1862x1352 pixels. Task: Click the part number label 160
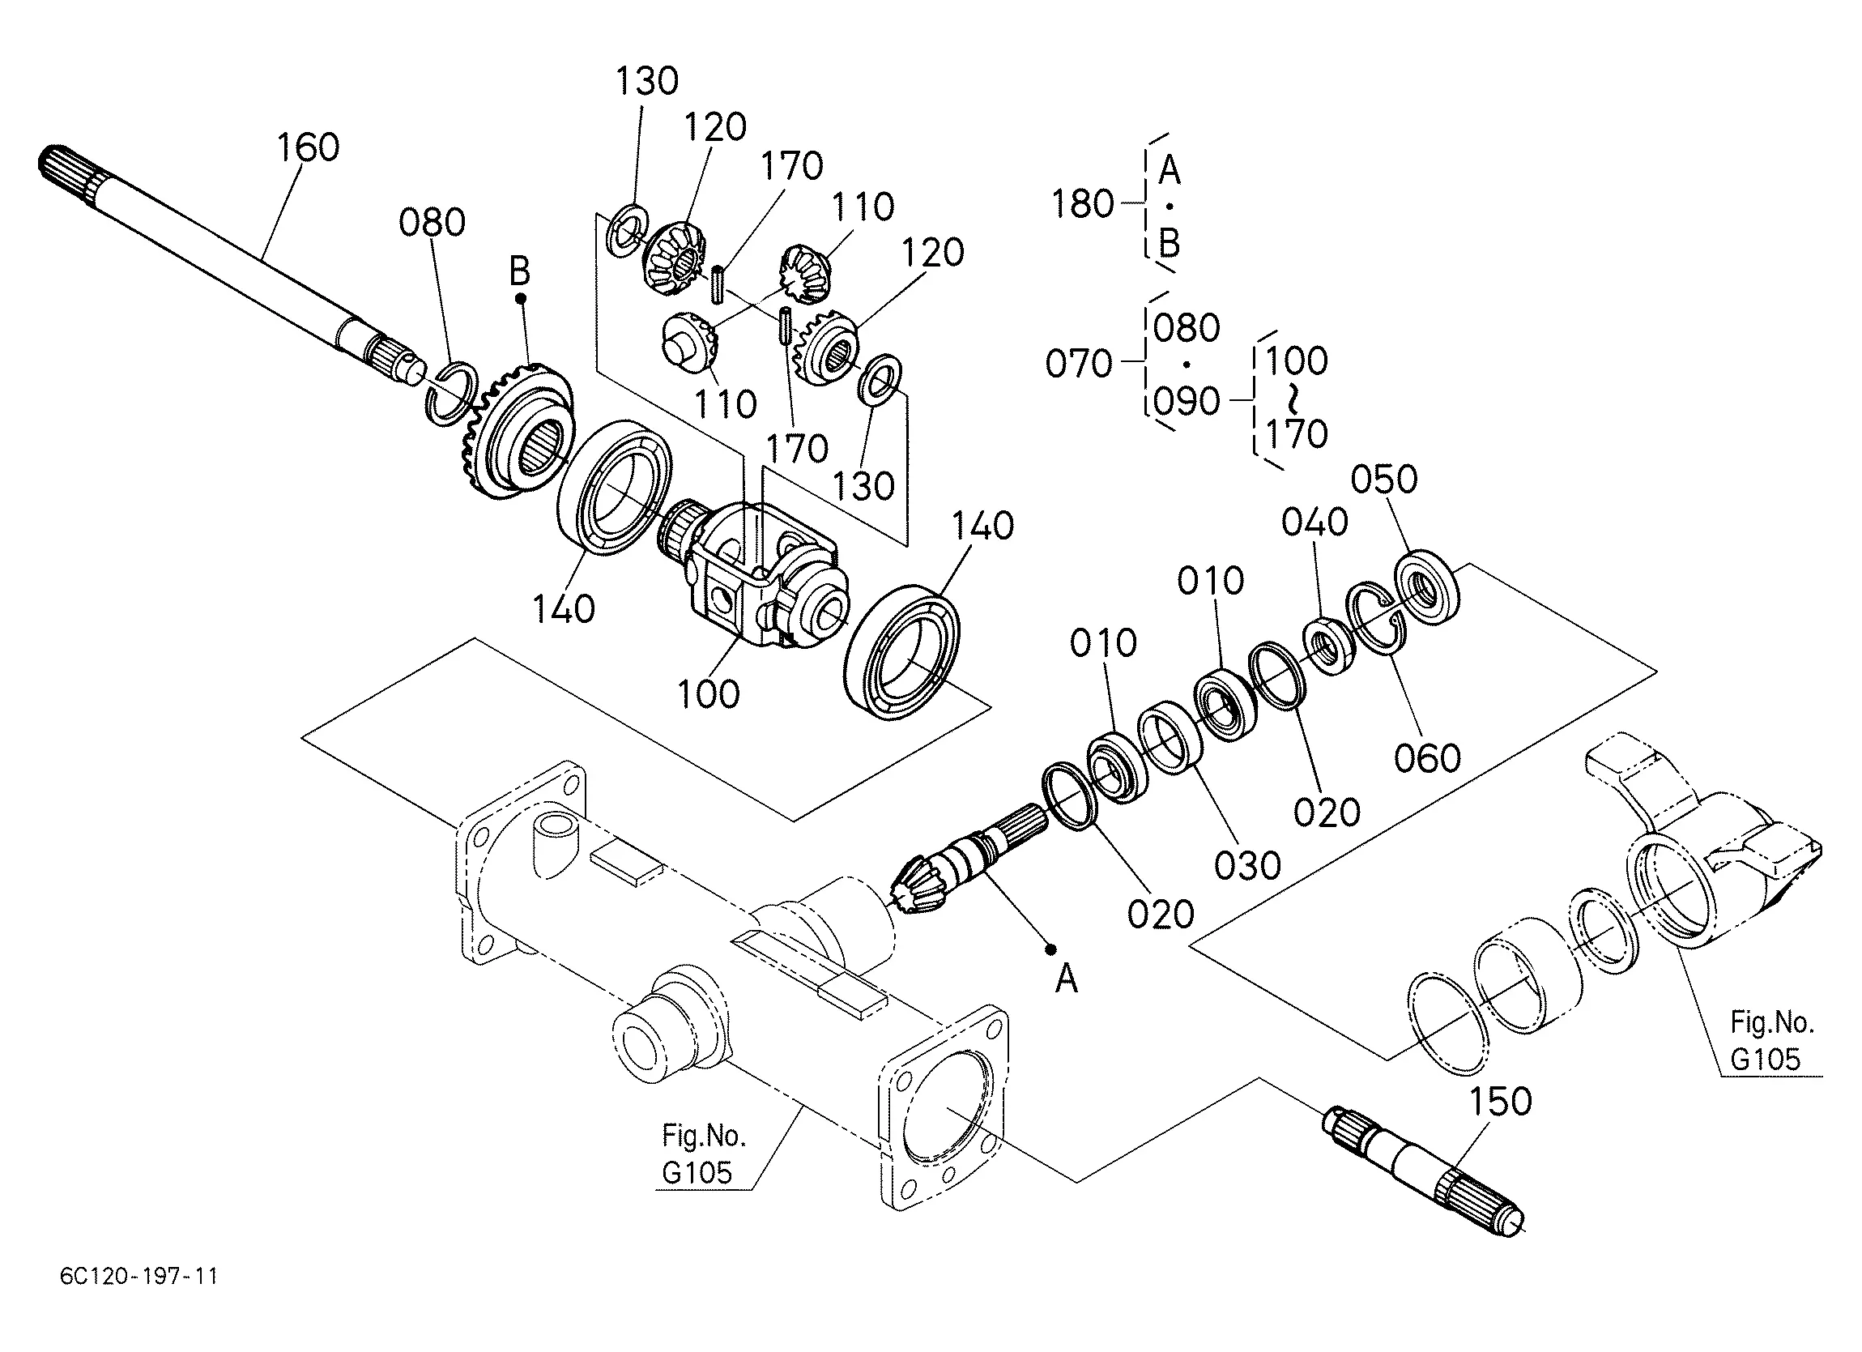pos(308,148)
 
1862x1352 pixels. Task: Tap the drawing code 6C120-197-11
pos(138,1276)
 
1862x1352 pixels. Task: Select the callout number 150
pos(1500,1102)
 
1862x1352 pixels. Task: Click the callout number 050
pos(1384,480)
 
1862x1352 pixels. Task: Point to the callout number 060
pos(1428,758)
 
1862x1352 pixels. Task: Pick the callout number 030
pos(1248,866)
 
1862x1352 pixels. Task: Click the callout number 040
pos(1315,522)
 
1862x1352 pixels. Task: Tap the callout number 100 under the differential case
pos(709,695)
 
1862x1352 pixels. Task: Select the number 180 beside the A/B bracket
pos(1084,203)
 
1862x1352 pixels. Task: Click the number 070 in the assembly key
pos(1079,364)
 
